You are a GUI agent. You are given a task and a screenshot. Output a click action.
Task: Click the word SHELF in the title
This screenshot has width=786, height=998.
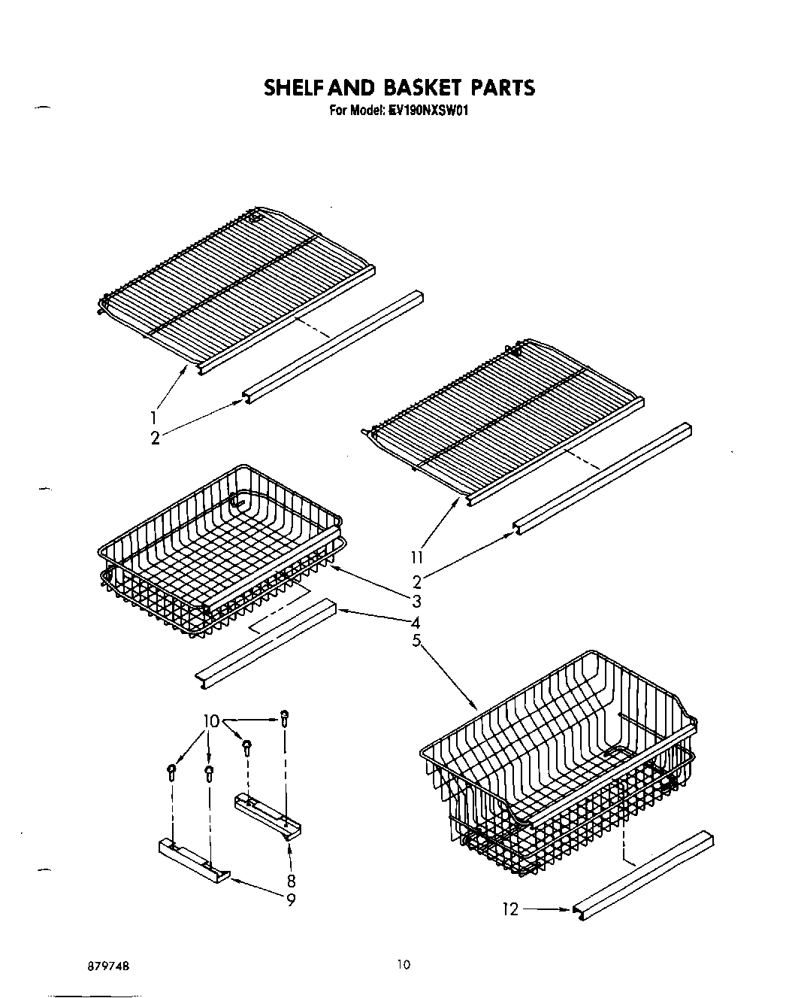click(x=295, y=88)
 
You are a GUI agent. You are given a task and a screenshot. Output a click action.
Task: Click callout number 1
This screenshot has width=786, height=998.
click(x=153, y=417)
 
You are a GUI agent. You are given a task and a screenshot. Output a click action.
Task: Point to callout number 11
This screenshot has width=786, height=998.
click(x=417, y=557)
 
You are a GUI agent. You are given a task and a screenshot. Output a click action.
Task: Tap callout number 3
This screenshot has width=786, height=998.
click(x=416, y=601)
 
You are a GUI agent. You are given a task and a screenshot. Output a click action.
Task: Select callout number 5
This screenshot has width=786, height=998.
click(x=416, y=641)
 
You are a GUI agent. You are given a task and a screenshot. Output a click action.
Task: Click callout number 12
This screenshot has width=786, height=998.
click(x=510, y=909)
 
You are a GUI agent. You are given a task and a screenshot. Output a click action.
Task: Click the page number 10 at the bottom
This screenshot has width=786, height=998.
click(x=404, y=965)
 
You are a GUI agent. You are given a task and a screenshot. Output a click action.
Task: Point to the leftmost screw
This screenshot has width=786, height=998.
click(x=171, y=772)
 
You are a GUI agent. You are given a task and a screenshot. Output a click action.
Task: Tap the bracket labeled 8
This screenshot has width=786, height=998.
click(x=268, y=816)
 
